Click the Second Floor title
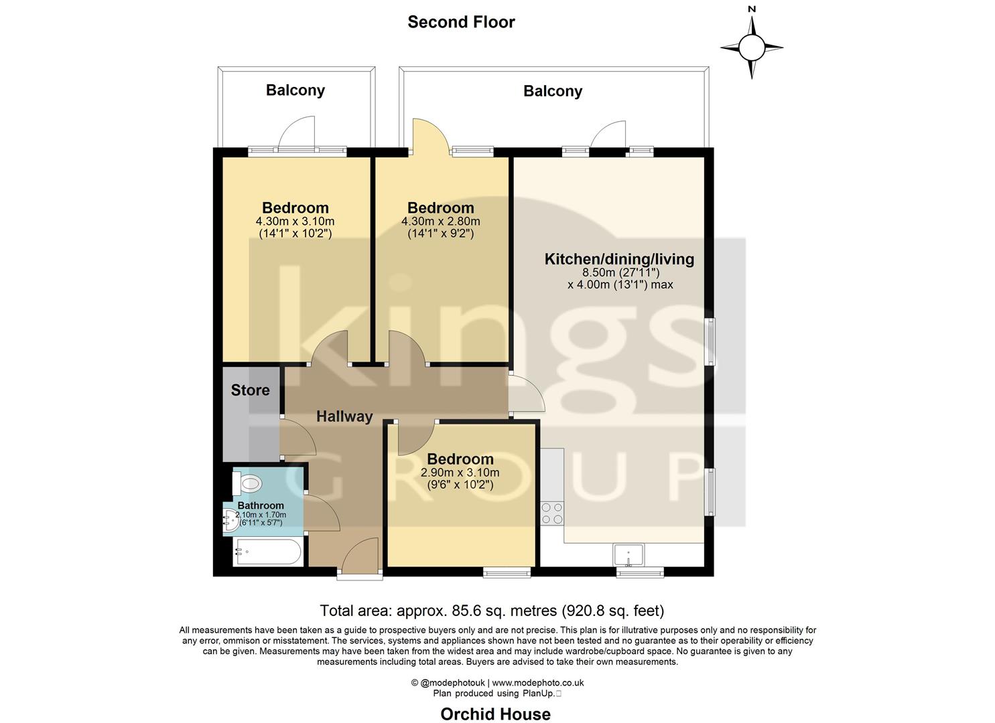[461, 22]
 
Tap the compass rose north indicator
[752, 47]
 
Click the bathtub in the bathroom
[268, 553]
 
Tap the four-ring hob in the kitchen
[552, 513]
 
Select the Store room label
[250, 390]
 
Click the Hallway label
[344, 416]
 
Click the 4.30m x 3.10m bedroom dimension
[295, 222]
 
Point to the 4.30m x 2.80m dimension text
[440, 222]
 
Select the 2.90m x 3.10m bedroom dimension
[460, 473]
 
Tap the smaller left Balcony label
[295, 90]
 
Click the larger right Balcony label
[553, 91]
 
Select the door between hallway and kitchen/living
[527, 395]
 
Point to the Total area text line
[492, 611]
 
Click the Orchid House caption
[495, 714]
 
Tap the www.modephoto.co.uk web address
[538, 683]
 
